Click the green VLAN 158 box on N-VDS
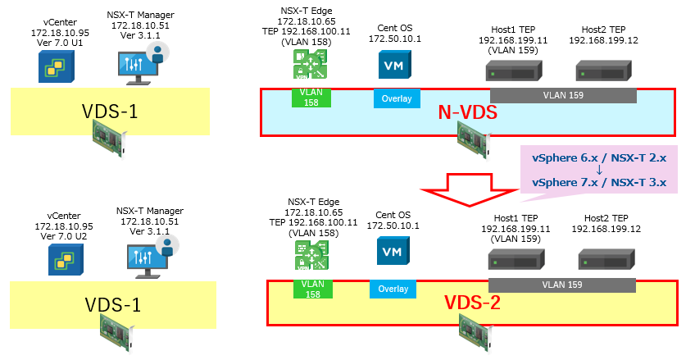311,98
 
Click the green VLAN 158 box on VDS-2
311,288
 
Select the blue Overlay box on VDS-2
393,289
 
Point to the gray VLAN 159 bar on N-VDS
563,95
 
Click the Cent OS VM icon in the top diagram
393,65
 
